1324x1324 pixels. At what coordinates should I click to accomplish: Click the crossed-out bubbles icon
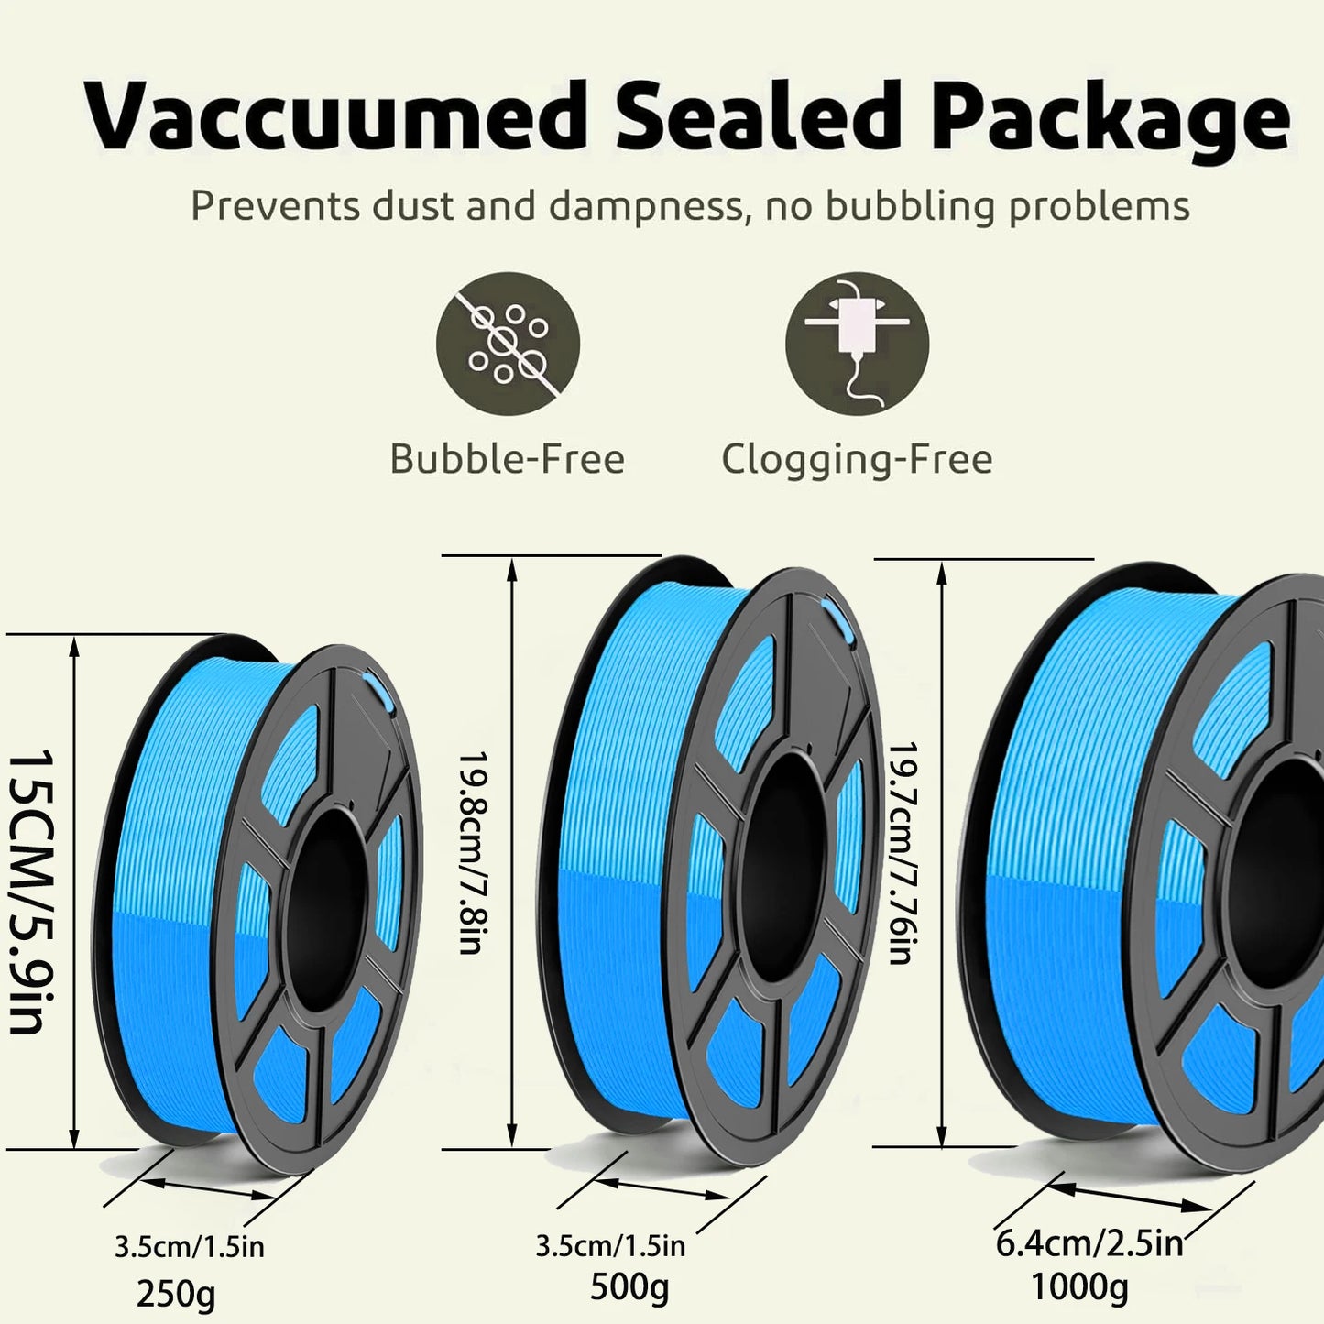click(508, 344)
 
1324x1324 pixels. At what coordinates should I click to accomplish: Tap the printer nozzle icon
click(857, 344)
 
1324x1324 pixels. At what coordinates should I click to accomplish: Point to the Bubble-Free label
click(507, 458)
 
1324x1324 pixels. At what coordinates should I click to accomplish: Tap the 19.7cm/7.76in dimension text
click(903, 852)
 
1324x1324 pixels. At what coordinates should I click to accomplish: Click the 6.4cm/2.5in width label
click(1090, 1243)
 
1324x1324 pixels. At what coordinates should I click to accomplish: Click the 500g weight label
click(629, 1287)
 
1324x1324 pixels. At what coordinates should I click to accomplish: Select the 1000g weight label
click(1080, 1286)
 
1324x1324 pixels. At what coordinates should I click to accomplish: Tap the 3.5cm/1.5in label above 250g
click(190, 1247)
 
